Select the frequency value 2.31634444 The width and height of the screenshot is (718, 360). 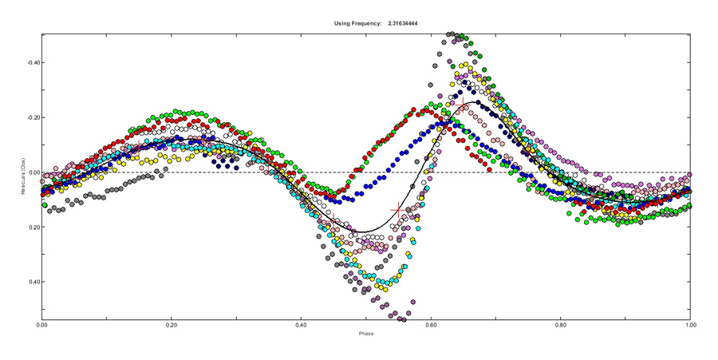tap(404, 23)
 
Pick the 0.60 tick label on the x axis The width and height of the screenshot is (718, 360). tap(431, 325)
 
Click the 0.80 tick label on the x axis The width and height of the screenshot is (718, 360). tap(561, 325)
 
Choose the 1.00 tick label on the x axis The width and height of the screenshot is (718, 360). tap(690, 325)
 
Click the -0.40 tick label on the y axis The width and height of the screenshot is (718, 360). tap(30, 62)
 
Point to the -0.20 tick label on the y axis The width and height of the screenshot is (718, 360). tap(30, 117)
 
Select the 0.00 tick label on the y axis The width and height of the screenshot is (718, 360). tap(32, 172)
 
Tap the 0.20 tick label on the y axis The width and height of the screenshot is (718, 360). tap(32, 227)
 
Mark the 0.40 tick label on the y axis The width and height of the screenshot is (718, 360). tap(32, 282)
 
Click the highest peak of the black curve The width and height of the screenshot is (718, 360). tap(477, 101)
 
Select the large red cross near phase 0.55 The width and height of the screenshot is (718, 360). tap(398, 210)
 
